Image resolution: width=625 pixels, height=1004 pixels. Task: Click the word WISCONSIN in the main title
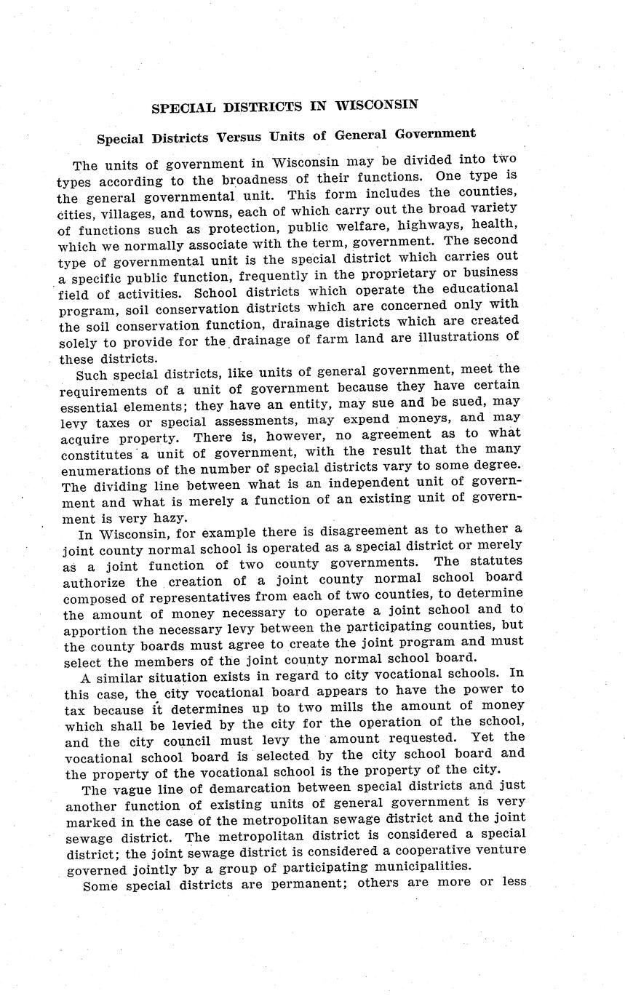click(376, 105)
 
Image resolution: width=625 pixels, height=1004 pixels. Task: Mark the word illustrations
click(458, 338)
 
